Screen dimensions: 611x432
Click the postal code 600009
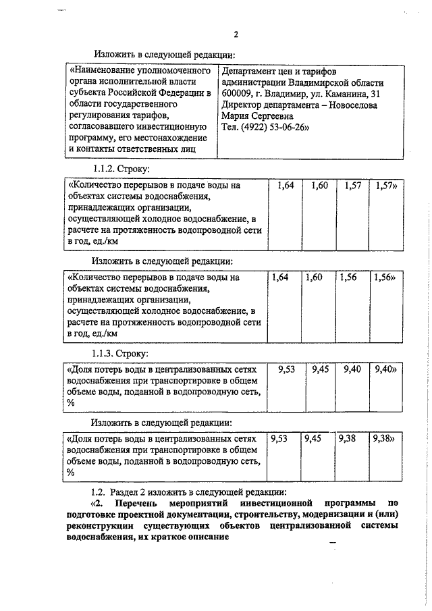[239, 93]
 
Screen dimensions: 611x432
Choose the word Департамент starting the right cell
[248, 70]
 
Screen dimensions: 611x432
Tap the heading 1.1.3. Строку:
[121, 353]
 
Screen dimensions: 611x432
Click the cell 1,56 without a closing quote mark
[349, 277]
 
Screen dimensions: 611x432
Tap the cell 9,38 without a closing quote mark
[348, 439]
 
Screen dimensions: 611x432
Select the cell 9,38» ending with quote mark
[384, 439]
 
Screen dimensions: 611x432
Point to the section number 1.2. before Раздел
[99, 492]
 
